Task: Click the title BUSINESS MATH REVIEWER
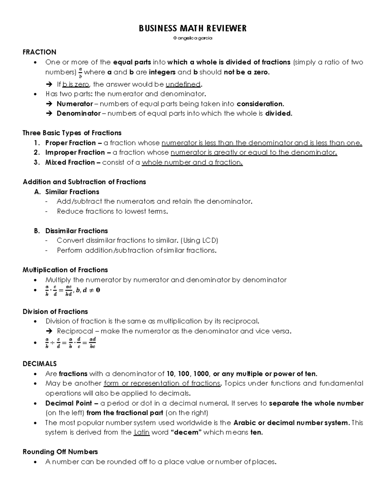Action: click(x=193, y=29)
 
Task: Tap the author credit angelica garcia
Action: click(x=193, y=38)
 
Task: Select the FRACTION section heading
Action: click(x=39, y=52)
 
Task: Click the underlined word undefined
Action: click(x=183, y=85)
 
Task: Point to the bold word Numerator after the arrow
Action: click(x=75, y=104)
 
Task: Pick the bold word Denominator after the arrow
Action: click(x=78, y=113)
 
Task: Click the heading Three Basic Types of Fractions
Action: click(x=72, y=133)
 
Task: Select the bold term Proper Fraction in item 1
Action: click(x=70, y=143)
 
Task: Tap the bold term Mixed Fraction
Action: click(x=70, y=163)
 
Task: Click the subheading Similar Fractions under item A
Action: click(x=72, y=192)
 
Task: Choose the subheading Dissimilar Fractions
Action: click(x=77, y=231)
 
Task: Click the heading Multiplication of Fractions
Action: click(x=65, y=270)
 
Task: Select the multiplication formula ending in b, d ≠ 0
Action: click(x=72, y=290)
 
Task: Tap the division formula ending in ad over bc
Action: click(x=70, y=343)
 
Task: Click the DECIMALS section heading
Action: click(x=40, y=364)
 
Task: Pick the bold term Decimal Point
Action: click(x=69, y=403)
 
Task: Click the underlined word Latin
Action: click(x=142, y=432)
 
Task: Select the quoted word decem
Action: click(x=186, y=432)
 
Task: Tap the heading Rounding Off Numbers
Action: click(x=60, y=452)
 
